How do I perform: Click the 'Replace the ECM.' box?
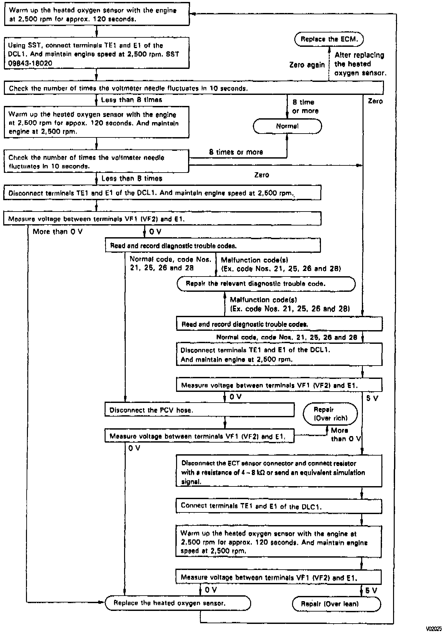[x=329, y=39]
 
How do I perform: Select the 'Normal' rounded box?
[x=287, y=126]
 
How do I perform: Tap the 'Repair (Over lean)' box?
[x=336, y=604]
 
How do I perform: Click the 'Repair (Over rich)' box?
[x=330, y=414]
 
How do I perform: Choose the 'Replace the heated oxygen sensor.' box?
[x=178, y=603]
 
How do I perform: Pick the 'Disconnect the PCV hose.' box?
[x=199, y=410]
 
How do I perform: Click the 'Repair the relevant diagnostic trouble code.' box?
[x=266, y=284]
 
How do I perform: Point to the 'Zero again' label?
[x=307, y=65]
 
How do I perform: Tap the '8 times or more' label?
[x=236, y=152]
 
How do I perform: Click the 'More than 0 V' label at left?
[x=57, y=232]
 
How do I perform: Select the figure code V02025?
[x=434, y=629]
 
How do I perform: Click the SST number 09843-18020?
[x=30, y=63]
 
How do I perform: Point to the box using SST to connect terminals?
[x=96, y=53]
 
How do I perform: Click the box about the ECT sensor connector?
[x=279, y=471]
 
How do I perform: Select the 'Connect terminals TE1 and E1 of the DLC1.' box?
[x=279, y=506]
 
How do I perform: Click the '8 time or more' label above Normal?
[x=305, y=106]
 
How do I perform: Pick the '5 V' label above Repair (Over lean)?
[x=371, y=590]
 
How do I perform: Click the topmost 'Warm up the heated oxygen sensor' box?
[x=96, y=15]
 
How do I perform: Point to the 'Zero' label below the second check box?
[x=262, y=175]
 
